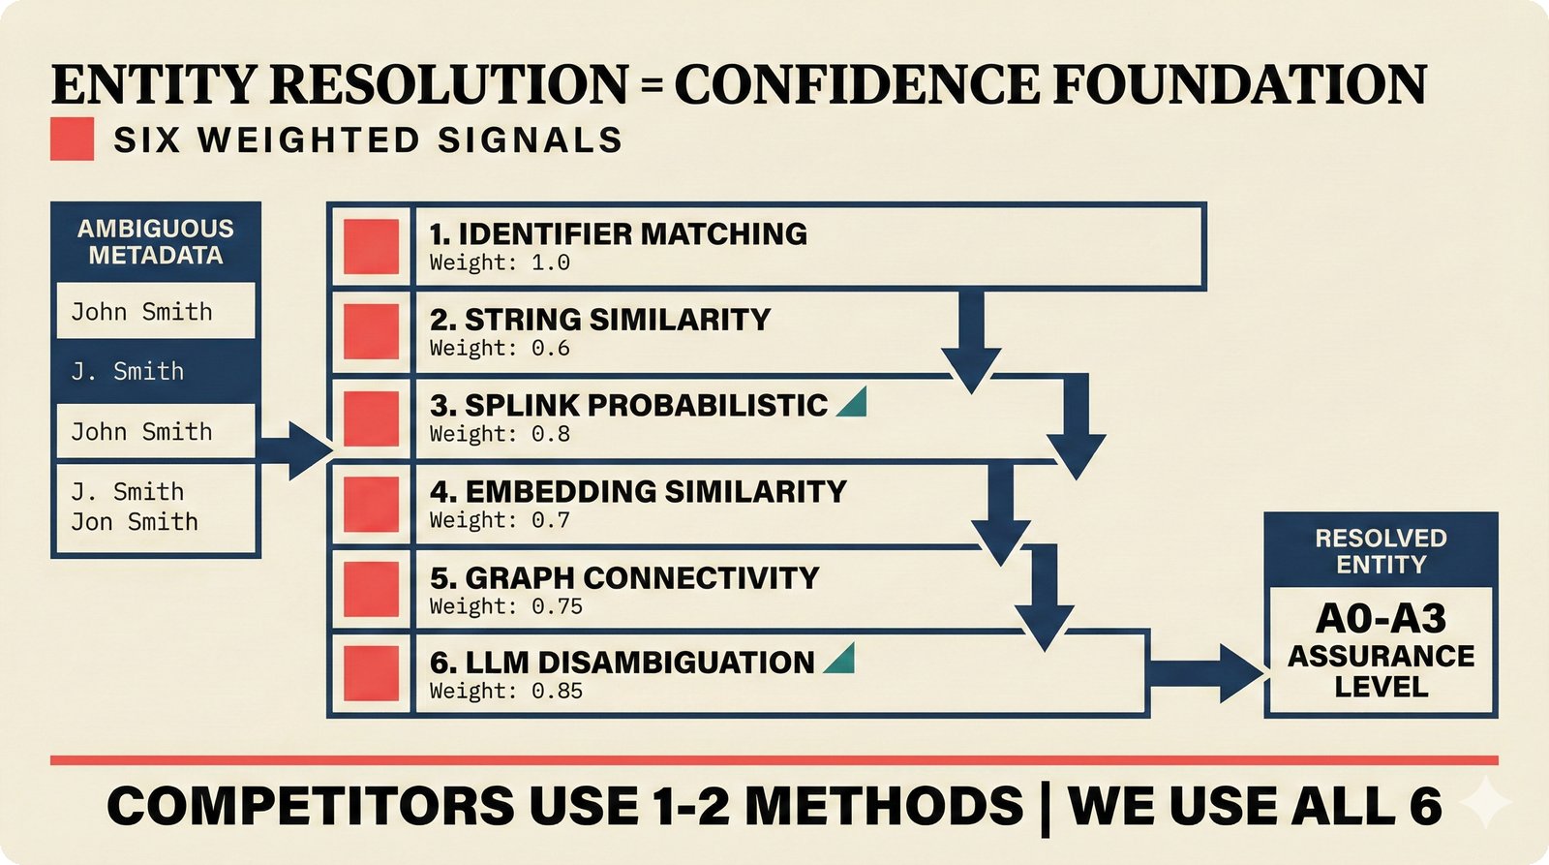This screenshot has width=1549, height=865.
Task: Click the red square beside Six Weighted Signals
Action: (72, 139)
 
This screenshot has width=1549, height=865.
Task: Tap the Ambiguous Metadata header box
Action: (155, 242)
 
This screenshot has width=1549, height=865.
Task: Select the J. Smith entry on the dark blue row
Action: (127, 371)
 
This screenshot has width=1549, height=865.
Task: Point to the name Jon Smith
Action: (134, 522)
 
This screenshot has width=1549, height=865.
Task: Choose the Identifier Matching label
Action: (618, 233)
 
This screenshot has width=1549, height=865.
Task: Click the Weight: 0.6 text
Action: (500, 349)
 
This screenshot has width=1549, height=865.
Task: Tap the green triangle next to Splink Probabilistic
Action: (853, 403)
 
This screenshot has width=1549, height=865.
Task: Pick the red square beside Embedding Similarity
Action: (371, 505)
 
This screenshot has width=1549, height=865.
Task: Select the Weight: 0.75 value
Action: (506, 607)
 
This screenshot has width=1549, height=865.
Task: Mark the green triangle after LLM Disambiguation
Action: (840, 660)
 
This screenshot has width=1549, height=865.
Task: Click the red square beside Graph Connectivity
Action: (371, 590)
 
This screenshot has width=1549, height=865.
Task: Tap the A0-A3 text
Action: (1381, 619)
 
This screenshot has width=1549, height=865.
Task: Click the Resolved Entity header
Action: (1381, 551)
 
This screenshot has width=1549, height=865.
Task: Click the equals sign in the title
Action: (651, 86)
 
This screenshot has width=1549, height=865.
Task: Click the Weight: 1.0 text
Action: (500, 263)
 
